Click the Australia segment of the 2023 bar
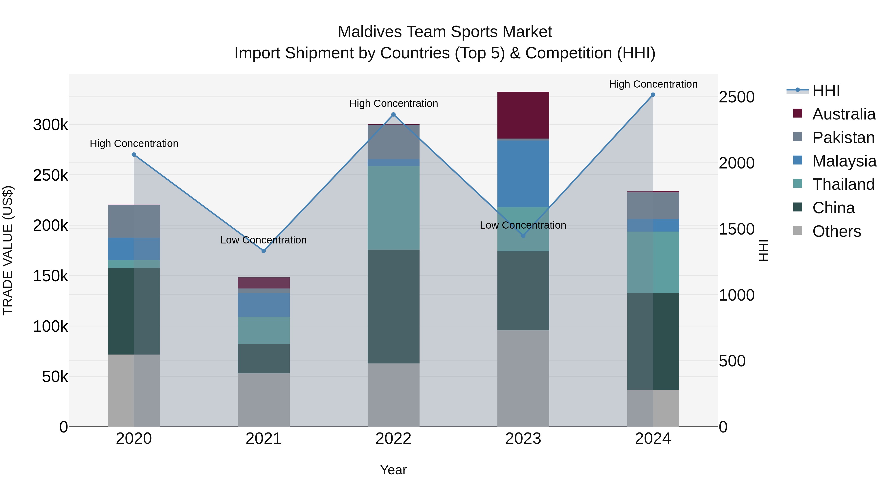[523, 115]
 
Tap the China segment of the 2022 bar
[393, 306]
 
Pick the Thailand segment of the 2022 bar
[393, 208]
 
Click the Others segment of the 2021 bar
[264, 400]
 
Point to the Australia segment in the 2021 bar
[264, 283]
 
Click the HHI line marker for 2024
[653, 95]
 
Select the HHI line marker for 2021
[264, 251]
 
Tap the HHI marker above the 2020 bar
[134, 155]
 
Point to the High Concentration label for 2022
[393, 103]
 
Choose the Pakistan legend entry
[843, 137]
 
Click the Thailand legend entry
[843, 184]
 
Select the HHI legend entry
[826, 91]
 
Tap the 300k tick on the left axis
[50, 125]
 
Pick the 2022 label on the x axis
[393, 439]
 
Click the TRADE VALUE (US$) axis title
[8, 250]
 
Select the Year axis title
[393, 470]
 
